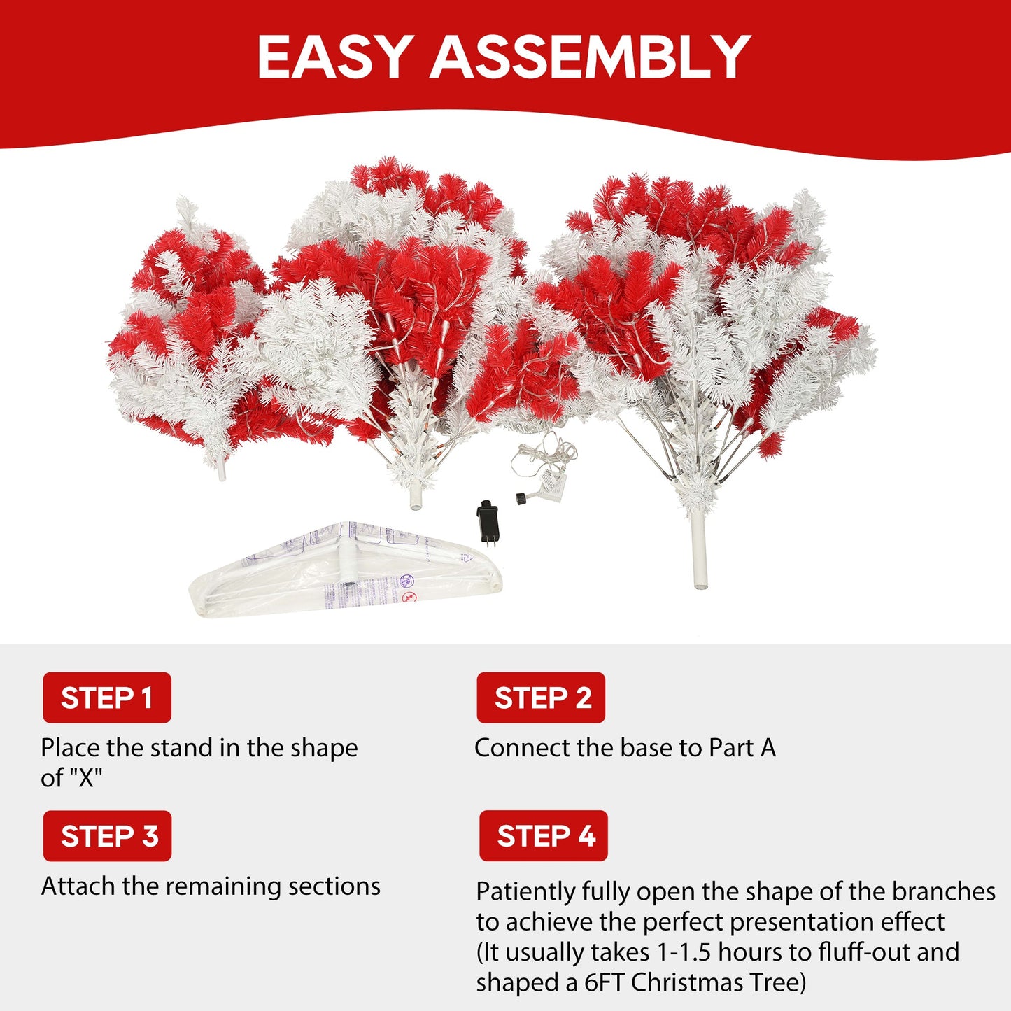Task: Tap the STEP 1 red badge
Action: (107, 698)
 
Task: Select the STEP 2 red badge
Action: (541, 698)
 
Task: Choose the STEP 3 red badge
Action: (107, 836)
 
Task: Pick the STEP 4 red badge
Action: (544, 836)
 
